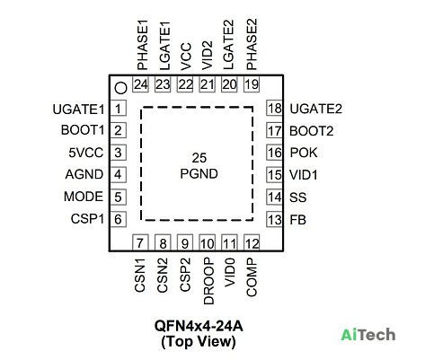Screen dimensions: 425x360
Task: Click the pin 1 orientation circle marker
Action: (x=121, y=88)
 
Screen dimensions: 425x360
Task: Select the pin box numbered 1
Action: (x=119, y=109)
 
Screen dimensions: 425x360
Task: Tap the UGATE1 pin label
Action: (x=78, y=110)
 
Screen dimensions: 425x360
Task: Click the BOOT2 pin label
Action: (x=311, y=131)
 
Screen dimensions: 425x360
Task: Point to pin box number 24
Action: (x=141, y=84)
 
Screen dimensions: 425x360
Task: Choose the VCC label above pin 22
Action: (x=186, y=57)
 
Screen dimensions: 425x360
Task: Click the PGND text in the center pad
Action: (x=199, y=174)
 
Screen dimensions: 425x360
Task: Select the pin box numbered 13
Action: (x=274, y=220)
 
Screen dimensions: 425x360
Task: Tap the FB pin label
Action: (x=297, y=220)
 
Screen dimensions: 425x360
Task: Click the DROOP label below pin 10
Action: (x=208, y=281)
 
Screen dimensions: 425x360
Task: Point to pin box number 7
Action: (x=140, y=242)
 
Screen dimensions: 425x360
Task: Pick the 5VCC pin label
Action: (x=86, y=153)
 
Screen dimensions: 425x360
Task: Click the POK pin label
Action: (x=304, y=153)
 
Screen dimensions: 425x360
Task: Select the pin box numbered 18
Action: (x=274, y=109)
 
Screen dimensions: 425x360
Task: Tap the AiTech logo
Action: (x=368, y=335)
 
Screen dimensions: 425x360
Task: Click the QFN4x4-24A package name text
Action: (x=199, y=326)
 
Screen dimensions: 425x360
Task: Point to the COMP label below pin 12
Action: (x=252, y=277)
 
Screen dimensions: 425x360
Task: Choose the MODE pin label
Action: (x=84, y=197)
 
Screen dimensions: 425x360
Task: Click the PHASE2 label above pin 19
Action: (x=252, y=44)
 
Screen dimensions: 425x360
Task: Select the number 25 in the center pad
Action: (x=199, y=158)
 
